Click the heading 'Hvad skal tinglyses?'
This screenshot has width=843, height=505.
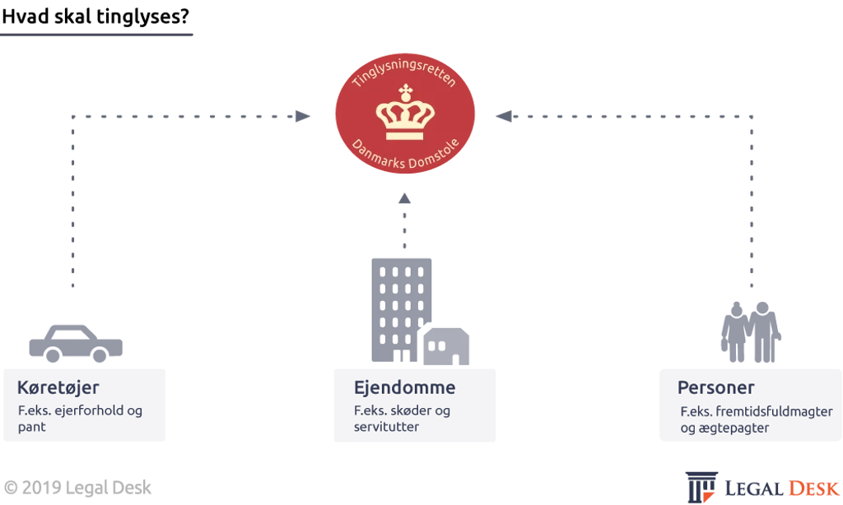coord(95,16)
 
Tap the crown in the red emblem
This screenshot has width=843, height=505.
coord(405,113)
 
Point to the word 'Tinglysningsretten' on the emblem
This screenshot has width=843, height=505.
coord(403,72)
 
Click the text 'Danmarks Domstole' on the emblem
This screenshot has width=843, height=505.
coord(405,154)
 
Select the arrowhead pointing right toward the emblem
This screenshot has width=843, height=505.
coord(303,116)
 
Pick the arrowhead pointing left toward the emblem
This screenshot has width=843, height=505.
coord(504,116)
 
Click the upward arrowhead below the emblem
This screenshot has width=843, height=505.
coord(405,198)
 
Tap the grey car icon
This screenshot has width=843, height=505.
coord(76,343)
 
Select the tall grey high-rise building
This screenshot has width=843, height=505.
coord(401,310)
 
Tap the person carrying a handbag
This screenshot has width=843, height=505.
coord(735,331)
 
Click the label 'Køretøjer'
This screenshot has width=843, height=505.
coord(58,387)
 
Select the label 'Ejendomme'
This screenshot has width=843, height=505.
coord(405,387)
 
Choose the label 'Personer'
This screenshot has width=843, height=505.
coord(715,387)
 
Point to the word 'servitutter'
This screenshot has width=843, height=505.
coord(386,427)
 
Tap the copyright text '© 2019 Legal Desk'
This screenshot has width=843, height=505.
coord(77,488)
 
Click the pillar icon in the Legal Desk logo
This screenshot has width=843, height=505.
coord(701,487)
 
